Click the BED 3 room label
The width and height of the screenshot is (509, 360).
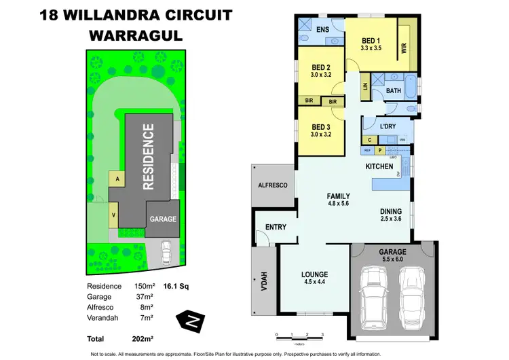point(320,127)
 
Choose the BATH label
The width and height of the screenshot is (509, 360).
point(394,90)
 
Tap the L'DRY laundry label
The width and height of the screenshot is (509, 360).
point(388,127)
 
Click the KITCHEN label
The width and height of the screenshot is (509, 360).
point(380,166)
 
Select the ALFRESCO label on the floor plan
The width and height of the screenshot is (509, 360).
point(273,185)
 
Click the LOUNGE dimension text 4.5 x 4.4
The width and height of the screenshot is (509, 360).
point(314,284)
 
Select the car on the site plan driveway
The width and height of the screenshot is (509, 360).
point(166,253)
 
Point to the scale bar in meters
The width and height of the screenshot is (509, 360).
point(299,334)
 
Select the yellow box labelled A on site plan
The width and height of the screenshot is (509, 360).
point(117,179)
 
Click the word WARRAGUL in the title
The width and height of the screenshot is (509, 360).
point(136,36)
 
